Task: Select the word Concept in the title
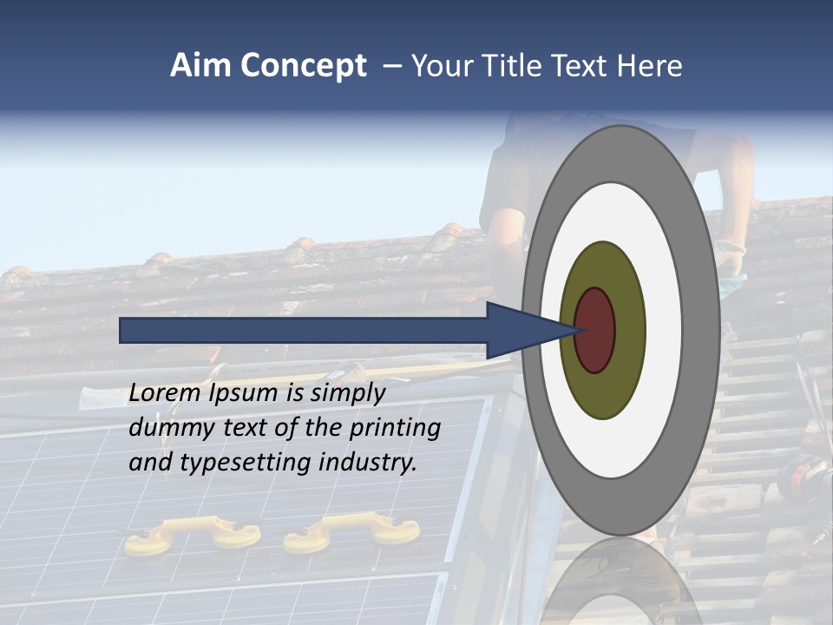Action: coord(303,66)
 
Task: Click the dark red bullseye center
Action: coord(595,330)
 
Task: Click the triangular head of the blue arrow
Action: coord(521,330)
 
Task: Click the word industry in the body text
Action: coord(367,463)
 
